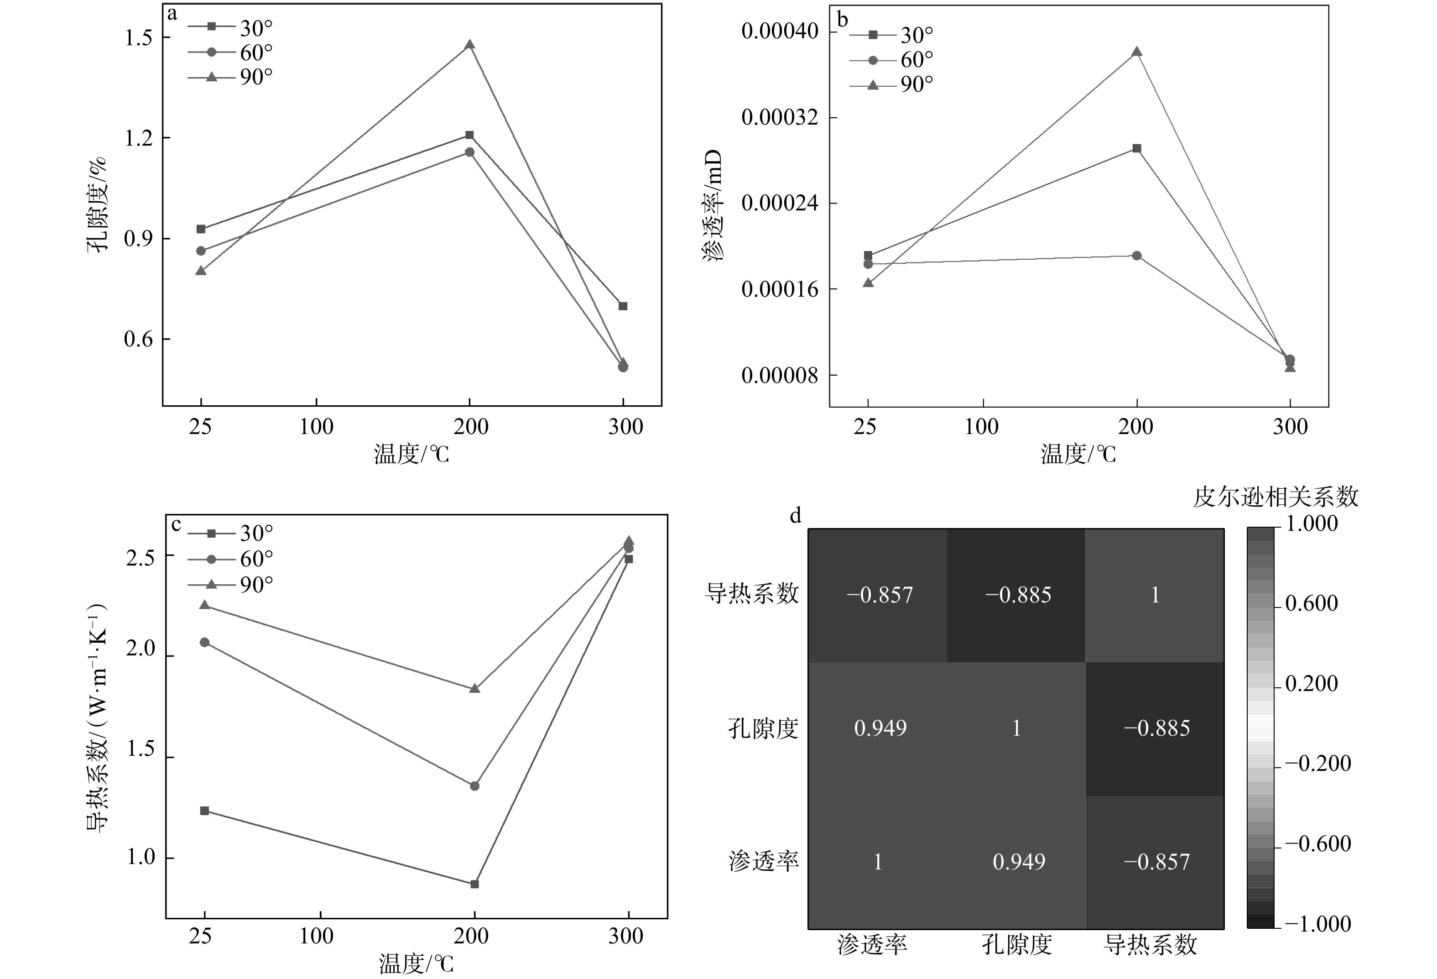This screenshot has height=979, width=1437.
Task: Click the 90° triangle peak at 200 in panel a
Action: coord(470,45)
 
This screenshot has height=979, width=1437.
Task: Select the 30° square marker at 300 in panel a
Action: coord(623,306)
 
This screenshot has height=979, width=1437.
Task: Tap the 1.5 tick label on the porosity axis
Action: coord(139,38)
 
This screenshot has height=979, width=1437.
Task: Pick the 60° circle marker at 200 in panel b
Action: coord(1136,256)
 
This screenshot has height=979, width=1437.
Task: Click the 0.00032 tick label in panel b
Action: coord(781,117)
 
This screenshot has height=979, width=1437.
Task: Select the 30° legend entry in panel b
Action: coord(891,35)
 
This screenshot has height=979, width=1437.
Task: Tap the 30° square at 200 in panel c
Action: coord(474,884)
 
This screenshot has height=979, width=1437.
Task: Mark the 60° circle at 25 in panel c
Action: coord(205,643)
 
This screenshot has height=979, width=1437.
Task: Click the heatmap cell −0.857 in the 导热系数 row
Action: coord(879,595)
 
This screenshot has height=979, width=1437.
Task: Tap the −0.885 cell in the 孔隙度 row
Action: coord(1156,728)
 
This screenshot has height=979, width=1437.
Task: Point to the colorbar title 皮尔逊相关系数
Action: coord(1276,497)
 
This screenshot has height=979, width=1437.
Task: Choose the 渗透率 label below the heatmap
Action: coord(872,944)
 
